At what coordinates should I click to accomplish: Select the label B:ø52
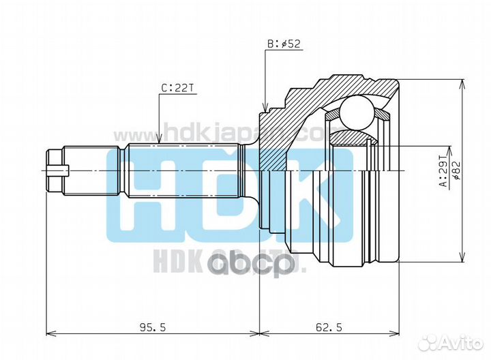(x=283, y=45)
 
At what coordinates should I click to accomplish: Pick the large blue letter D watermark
(x=230, y=198)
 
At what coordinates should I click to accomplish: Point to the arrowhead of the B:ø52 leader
(x=265, y=108)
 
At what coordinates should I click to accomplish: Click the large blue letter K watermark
(x=314, y=198)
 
